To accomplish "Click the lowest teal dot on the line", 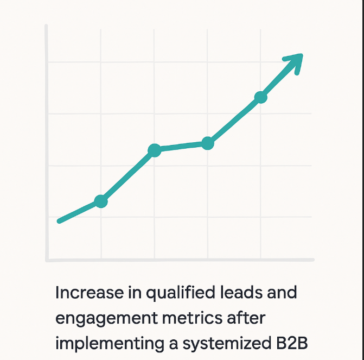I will (101, 201).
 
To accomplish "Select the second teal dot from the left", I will (155, 150).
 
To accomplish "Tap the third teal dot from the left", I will (208, 143).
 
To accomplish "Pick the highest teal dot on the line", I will (261, 97).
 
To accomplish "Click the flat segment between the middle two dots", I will (181, 147).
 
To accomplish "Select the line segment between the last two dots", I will (234, 121).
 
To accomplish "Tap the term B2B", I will (295, 344).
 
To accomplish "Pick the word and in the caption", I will (279, 293).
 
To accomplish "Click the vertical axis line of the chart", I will (47, 141).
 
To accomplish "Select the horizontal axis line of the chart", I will (179, 260).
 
